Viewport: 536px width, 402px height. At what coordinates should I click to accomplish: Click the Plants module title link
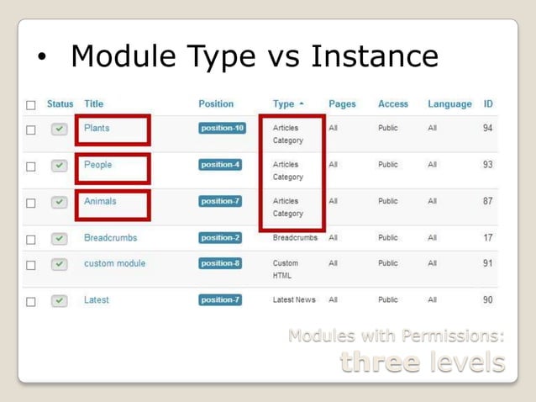(97, 128)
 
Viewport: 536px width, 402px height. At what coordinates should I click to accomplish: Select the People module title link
(97, 165)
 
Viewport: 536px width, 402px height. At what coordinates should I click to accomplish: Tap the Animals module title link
(100, 202)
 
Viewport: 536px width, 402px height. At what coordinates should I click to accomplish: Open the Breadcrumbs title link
(110, 238)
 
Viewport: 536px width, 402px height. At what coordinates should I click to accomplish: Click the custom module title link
(114, 263)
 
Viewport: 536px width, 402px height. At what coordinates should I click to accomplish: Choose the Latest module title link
(96, 300)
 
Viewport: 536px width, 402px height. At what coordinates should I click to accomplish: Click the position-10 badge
(222, 129)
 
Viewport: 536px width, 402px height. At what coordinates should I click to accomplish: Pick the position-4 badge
(220, 165)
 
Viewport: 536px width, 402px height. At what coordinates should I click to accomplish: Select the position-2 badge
(220, 238)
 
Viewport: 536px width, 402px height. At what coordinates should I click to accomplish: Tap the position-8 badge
(220, 263)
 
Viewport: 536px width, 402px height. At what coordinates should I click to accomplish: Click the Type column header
(284, 104)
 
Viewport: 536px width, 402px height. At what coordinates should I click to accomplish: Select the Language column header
(449, 104)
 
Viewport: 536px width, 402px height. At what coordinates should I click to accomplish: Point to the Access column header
(393, 104)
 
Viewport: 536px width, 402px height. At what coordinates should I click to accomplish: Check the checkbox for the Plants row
(31, 130)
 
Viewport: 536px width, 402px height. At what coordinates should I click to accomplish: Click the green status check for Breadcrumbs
(59, 239)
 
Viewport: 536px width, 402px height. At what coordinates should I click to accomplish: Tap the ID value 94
(487, 128)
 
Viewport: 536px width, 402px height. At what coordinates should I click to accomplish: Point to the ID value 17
(487, 238)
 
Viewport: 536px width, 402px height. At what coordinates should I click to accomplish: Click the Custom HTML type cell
(285, 269)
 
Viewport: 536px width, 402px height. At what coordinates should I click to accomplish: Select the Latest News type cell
(294, 300)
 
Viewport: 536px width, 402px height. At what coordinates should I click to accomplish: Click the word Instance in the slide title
(375, 56)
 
